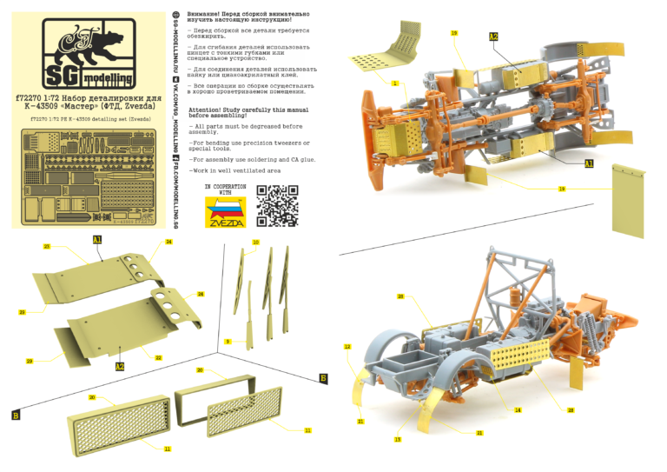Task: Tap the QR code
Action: [277, 206]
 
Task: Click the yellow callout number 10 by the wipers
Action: [255, 242]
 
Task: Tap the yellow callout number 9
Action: [228, 342]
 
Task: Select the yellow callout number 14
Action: [517, 409]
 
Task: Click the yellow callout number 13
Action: [397, 440]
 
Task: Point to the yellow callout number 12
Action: [347, 346]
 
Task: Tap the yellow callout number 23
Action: [46, 247]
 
